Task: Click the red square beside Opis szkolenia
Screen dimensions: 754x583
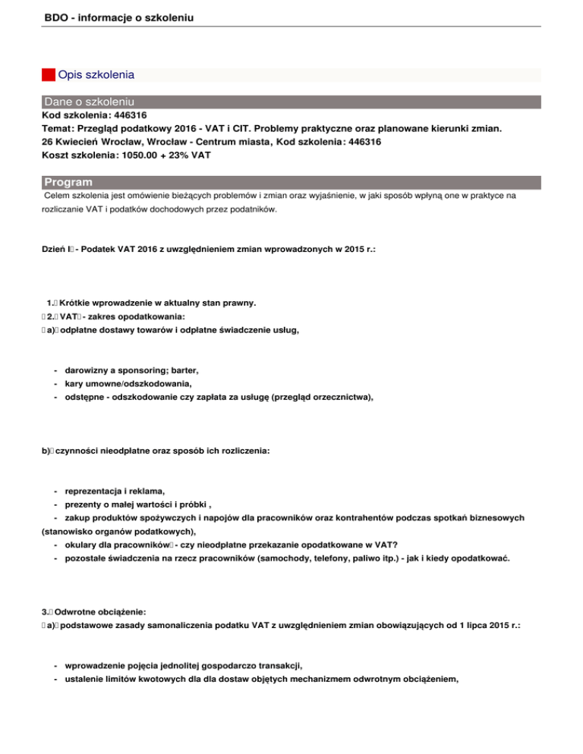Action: [x=49, y=75]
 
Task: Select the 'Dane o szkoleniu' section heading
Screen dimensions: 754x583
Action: [x=90, y=102]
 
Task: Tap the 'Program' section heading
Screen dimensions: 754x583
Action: [x=68, y=182]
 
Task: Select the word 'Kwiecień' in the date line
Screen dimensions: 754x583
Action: [x=83, y=141]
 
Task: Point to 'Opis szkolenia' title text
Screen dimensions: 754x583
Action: [x=96, y=75]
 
